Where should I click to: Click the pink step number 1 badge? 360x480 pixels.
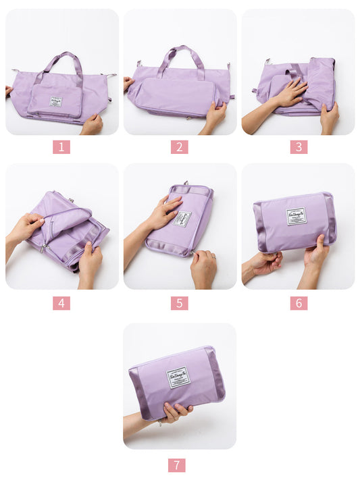point(61,146)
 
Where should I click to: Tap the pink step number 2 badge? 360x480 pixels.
point(179,146)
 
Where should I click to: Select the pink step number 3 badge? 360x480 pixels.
point(299,146)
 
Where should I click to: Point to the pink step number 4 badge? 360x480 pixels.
point(61,303)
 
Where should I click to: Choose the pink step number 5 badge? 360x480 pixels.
point(179,303)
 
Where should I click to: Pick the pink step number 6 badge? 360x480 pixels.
point(299,303)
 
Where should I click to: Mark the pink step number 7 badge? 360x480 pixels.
point(176,464)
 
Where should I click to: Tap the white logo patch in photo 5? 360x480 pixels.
point(182,218)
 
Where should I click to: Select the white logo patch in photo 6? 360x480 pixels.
point(296,216)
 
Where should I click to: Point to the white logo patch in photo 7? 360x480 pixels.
point(178,377)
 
